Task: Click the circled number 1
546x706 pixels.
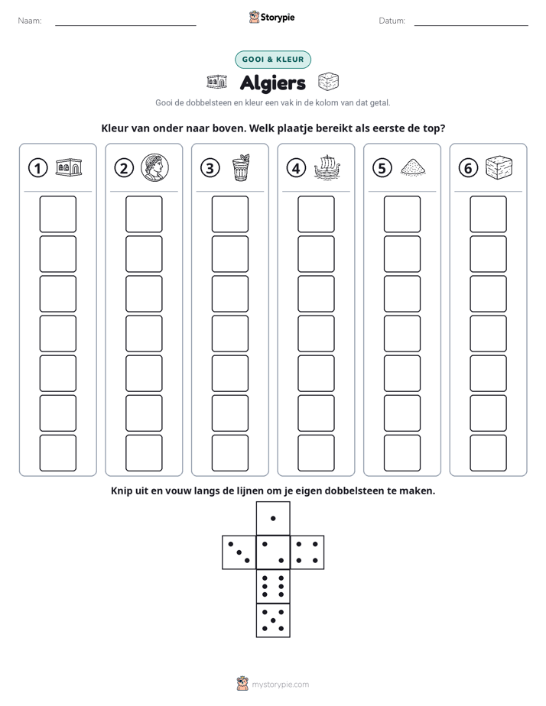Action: (x=37, y=168)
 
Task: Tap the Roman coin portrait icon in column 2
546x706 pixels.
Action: (x=154, y=167)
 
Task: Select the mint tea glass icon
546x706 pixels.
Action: (x=241, y=167)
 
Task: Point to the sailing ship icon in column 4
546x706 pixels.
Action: (x=327, y=167)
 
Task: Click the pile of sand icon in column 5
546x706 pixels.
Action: (x=413, y=167)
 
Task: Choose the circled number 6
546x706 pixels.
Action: (x=468, y=168)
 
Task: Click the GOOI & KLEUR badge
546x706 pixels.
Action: (x=273, y=60)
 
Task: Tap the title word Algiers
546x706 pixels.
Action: (x=273, y=83)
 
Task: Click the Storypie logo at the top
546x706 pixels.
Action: (x=272, y=17)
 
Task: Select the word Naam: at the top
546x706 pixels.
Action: (x=30, y=21)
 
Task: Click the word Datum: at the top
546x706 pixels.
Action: (x=392, y=21)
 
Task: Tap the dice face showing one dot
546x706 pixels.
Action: (x=273, y=518)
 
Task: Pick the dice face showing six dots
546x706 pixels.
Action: (x=273, y=586)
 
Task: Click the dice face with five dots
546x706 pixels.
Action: (x=273, y=620)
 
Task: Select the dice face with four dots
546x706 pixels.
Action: (x=307, y=552)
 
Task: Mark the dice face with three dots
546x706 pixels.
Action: (x=239, y=552)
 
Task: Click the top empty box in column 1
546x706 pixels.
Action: (x=57, y=214)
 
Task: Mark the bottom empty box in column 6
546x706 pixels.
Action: (x=488, y=453)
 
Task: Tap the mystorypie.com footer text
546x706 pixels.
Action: (x=280, y=685)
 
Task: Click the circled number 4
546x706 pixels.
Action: (x=296, y=168)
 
